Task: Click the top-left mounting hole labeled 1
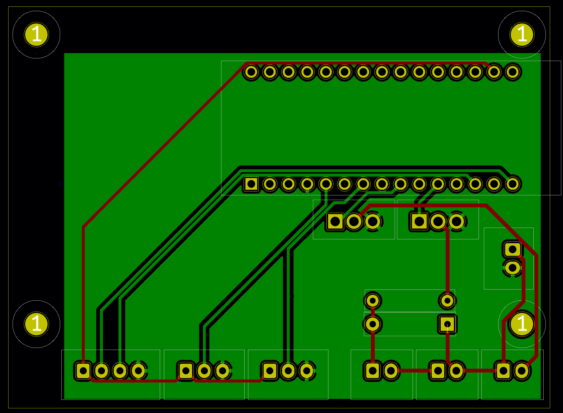[x=36, y=35]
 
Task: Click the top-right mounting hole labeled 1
[x=522, y=35]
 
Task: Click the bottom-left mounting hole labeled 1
[x=36, y=324]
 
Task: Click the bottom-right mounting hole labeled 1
[x=522, y=324]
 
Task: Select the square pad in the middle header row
[x=251, y=184]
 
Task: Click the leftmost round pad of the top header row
[x=251, y=72]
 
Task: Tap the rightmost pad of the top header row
[x=513, y=72]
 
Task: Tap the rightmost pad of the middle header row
[x=513, y=184]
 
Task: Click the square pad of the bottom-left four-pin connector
[x=83, y=371]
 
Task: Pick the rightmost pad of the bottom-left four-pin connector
[x=138, y=371]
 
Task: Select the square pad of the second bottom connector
[x=186, y=371]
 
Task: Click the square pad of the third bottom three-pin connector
[x=270, y=371]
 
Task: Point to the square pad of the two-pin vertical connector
[x=513, y=250]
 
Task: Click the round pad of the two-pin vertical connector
[x=513, y=268]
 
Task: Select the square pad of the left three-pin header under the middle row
[x=335, y=221]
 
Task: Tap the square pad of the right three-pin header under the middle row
[x=419, y=221]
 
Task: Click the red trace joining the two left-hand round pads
[x=373, y=312]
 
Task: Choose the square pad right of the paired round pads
[x=447, y=324]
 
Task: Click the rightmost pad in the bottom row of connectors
[x=522, y=371]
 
